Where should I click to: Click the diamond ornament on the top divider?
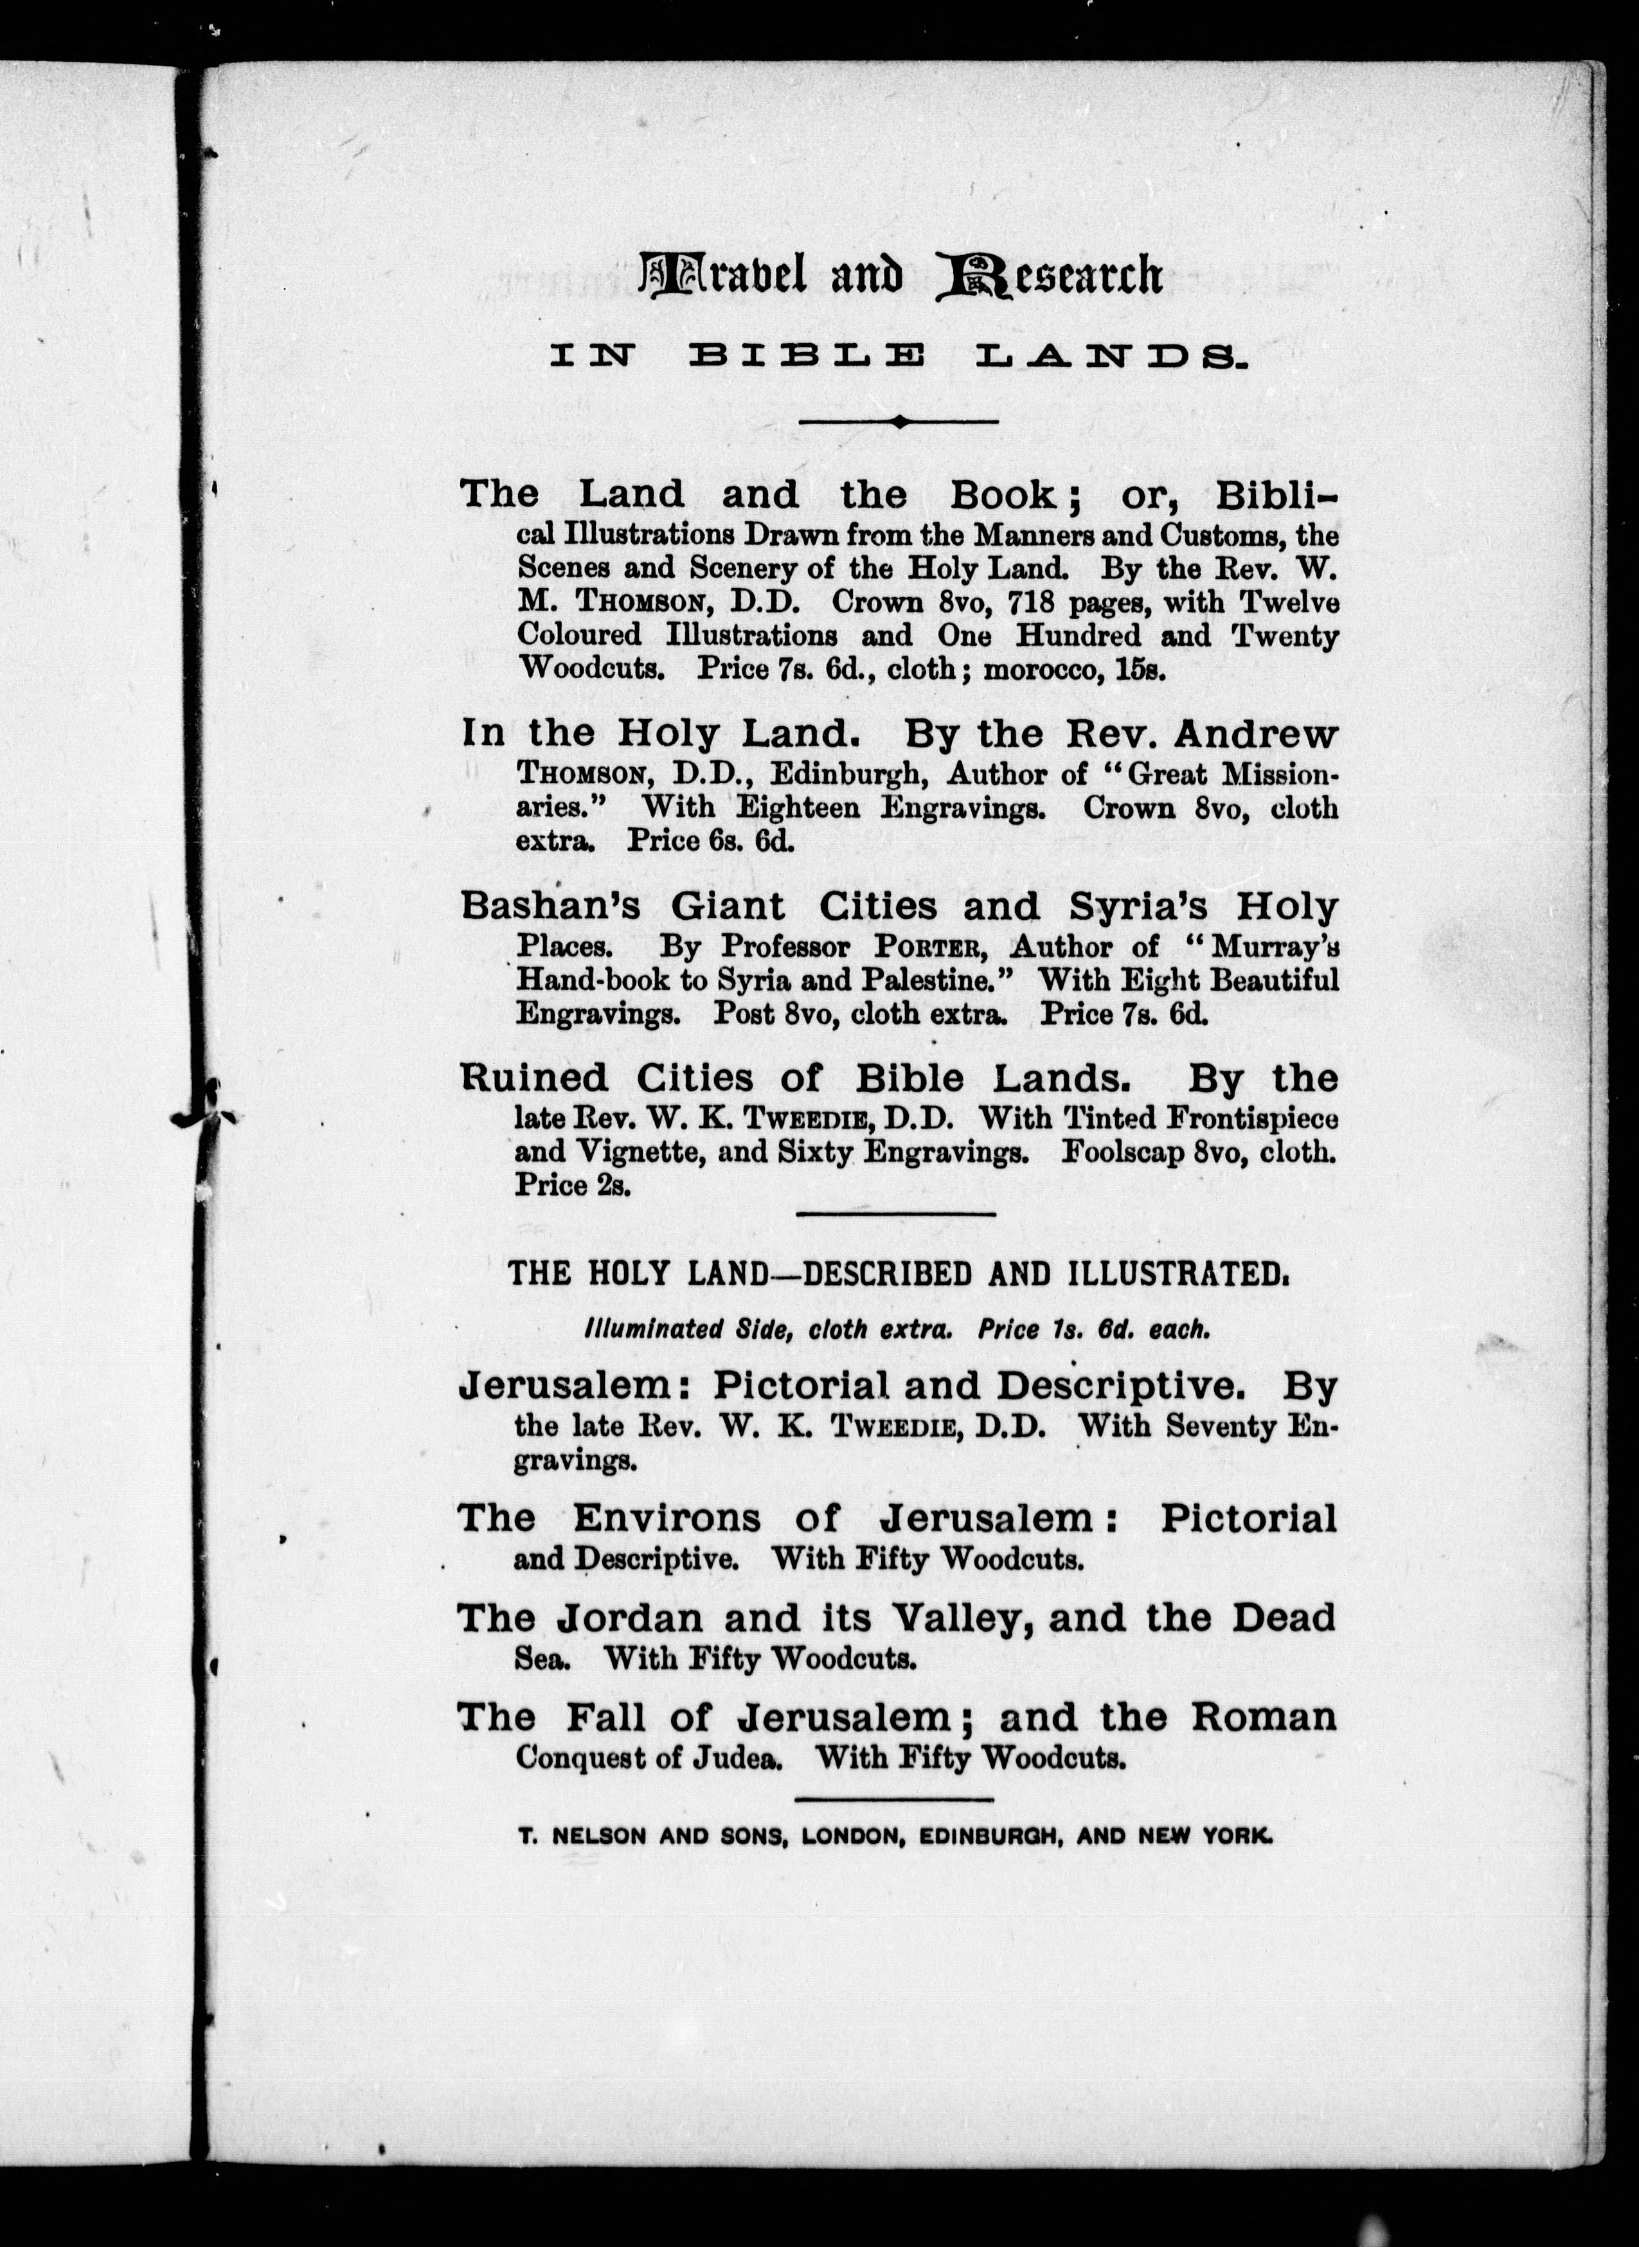click(x=899, y=422)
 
